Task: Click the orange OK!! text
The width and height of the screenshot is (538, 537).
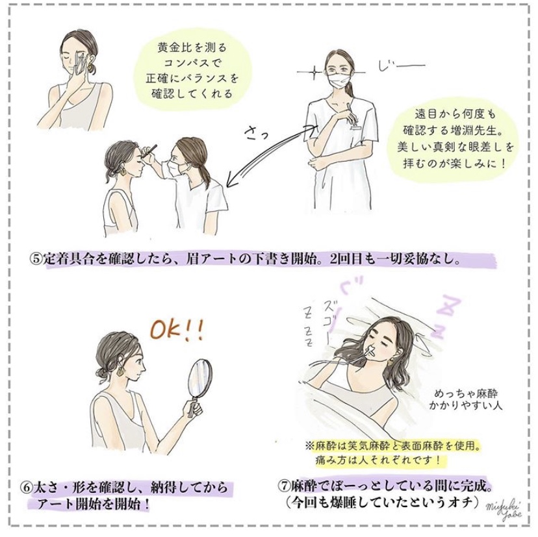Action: point(177,330)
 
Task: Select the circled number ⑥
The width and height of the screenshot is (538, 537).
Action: point(27,488)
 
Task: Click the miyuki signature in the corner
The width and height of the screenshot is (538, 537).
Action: point(504,509)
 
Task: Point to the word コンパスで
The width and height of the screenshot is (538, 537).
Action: point(194,63)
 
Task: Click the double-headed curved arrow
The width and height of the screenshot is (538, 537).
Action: point(267,158)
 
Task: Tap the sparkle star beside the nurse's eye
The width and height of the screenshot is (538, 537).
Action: point(314,72)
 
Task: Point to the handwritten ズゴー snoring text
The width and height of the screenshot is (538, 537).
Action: point(328,314)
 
